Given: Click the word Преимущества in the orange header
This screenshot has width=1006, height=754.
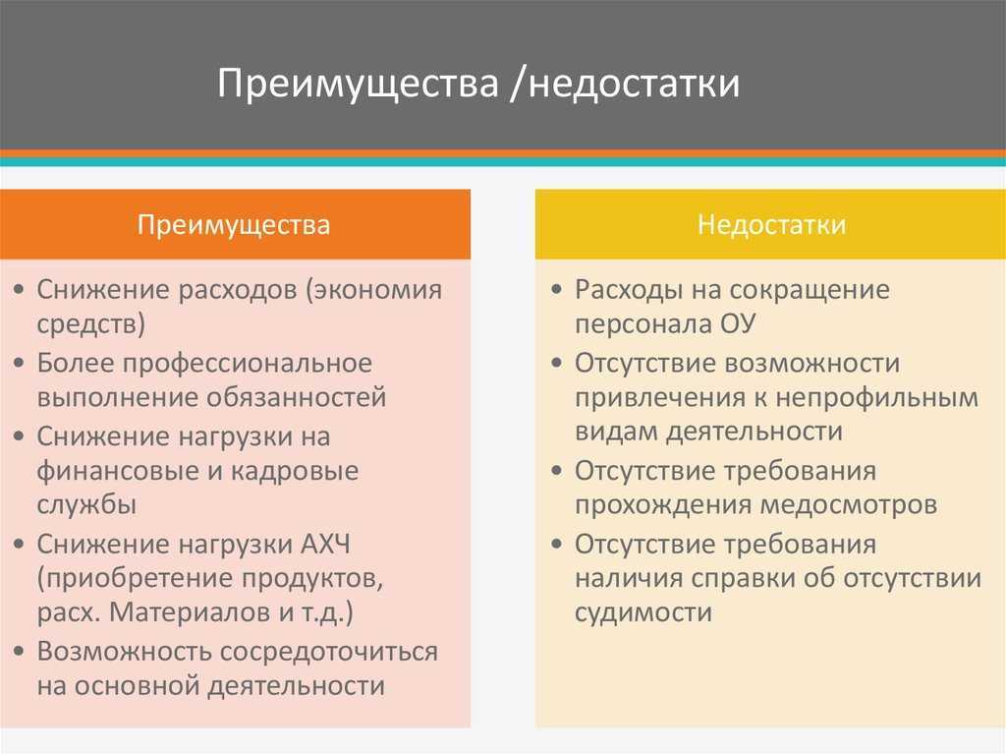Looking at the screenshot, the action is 234,225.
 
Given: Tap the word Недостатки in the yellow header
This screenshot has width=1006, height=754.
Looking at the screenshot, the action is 772,225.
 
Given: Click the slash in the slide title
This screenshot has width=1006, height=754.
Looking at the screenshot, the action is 517,84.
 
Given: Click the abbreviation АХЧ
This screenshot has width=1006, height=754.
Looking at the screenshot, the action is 325,545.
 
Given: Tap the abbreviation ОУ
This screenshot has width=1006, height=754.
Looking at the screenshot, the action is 738,323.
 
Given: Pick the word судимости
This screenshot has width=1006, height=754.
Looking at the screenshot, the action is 643,612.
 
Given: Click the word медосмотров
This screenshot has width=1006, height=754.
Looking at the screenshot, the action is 850,506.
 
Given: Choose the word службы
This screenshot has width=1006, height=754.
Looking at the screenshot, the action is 86,506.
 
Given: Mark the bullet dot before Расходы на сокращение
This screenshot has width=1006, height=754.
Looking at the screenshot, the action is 557,290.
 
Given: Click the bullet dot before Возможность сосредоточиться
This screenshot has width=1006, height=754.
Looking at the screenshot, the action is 20,652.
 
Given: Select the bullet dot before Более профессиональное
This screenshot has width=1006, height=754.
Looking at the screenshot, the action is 20,364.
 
